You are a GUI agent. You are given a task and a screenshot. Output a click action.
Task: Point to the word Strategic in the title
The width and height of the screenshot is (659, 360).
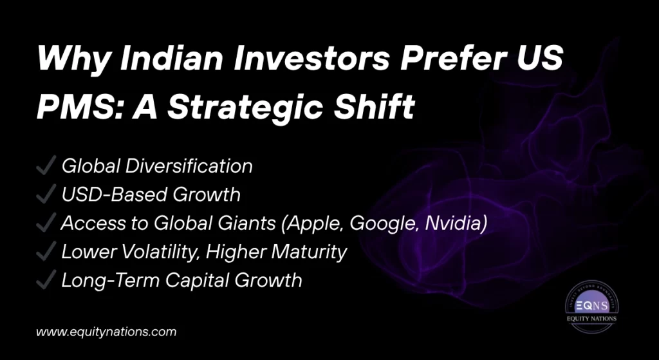(252, 106)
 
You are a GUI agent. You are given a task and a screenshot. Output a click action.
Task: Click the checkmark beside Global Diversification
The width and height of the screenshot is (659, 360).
(46, 166)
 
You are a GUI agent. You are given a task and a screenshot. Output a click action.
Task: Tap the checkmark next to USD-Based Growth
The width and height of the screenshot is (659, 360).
(46, 194)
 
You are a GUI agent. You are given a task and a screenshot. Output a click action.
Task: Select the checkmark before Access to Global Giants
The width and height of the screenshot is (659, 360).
(46, 223)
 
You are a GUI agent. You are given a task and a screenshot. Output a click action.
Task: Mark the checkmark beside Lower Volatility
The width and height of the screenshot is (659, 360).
(46, 252)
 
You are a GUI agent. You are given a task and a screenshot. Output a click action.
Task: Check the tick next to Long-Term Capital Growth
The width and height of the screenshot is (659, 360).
(46, 280)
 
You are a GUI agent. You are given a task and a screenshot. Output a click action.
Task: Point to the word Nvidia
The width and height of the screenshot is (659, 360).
(454, 223)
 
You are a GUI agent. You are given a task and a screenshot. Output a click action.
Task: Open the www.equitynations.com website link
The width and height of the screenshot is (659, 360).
(106, 332)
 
